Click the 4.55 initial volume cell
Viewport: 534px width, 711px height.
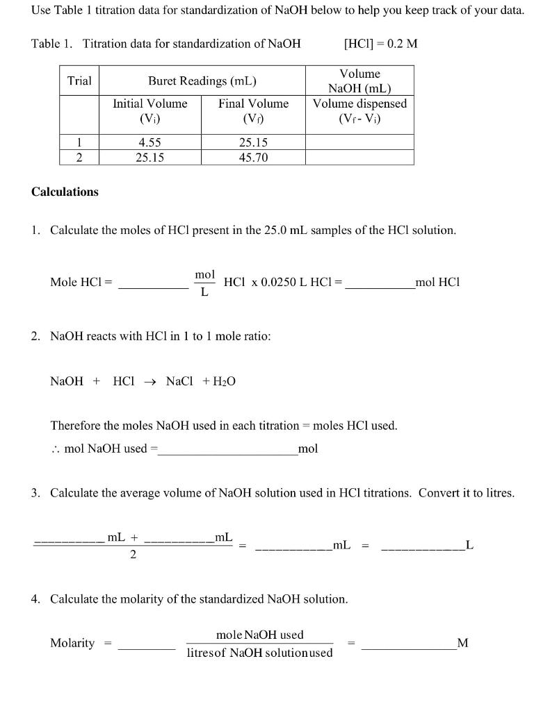click(x=149, y=142)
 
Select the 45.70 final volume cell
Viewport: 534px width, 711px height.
click(x=253, y=158)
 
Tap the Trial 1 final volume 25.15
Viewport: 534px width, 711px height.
click(x=253, y=142)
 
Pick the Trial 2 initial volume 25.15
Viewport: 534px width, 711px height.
click(x=149, y=158)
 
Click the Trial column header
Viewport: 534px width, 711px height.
click(x=79, y=81)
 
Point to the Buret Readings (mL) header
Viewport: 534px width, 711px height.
click(x=202, y=81)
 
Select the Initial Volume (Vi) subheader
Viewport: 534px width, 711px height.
click(x=149, y=110)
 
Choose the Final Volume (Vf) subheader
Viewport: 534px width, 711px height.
click(x=253, y=110)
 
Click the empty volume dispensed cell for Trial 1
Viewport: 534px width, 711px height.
click(x=359, y=142)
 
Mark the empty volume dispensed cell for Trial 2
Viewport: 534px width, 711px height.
click(x=359, y=158)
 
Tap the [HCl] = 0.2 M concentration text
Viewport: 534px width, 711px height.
click(x=380, y=44)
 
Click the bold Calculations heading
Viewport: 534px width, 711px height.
click(x=65, y=192)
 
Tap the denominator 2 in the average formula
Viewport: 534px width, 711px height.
click(x=133, y=555)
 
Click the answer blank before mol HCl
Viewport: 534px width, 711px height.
click(x=379, y=283)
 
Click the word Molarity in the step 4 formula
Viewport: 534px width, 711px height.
click(x=72, y=643)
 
